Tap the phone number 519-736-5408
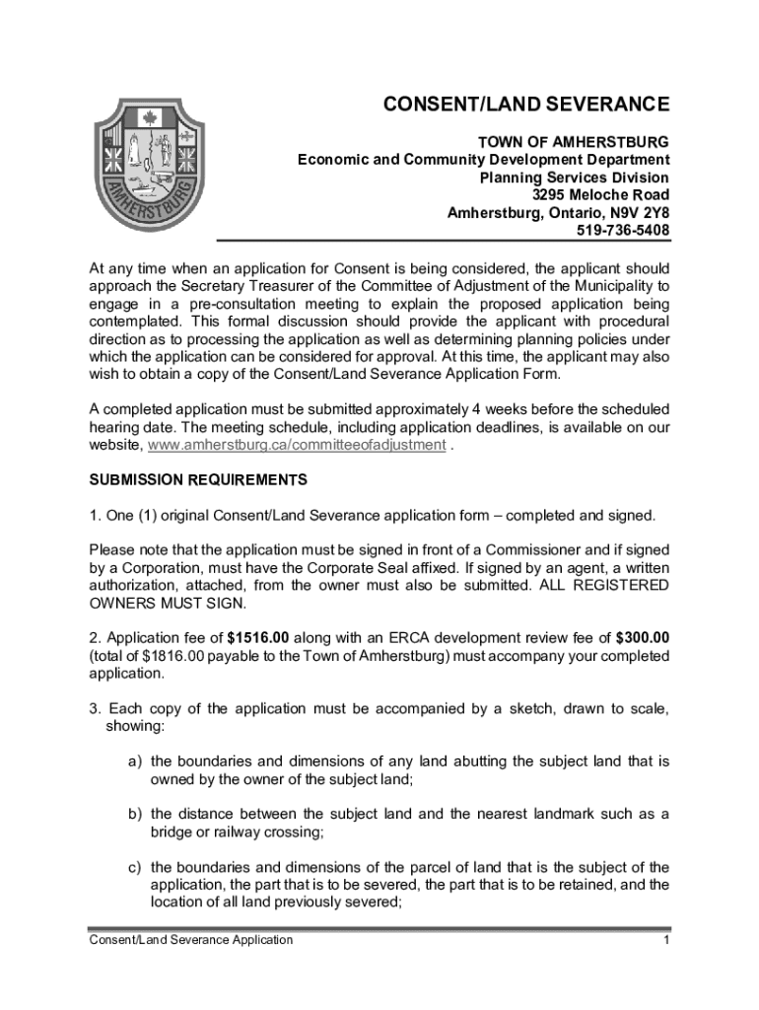[x=622, y=231]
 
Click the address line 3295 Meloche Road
[x=600, y=195]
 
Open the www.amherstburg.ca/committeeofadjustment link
[x=297, y=445]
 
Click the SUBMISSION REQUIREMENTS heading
[x=198, y=480]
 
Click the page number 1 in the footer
[x=666, y=940]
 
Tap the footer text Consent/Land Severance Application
[x=190, y=940]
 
